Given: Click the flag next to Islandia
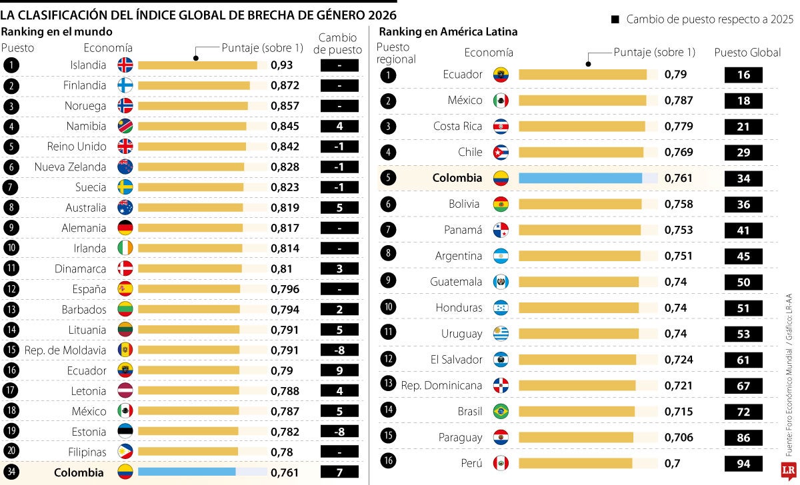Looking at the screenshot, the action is pyautogui.click(x=125, y=65).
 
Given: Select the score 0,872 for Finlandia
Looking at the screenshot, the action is pyautogui.click(x=285, y=86).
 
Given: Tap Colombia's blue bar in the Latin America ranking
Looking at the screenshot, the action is pyautogui.click(x=581, y=178).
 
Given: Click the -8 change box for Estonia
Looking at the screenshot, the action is pyautogui.click(x=339, y=432).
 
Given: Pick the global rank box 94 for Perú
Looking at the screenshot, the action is pyautogui.click(x=743, y=464).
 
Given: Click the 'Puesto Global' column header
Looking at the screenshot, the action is pyautogui.click(x=747, y=53).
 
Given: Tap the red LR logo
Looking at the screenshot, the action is pyautogui.click(x=788, y=471).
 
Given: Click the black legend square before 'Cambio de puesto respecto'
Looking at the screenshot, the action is pyautogui.click(x=615, y=19).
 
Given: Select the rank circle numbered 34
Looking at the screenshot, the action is pyautogui.click(x=11, y=472).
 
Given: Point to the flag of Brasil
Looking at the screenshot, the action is pyautogui.click(x=501, y=412).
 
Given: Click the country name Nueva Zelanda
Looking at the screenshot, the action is pyautogui.click(x=70, y=167).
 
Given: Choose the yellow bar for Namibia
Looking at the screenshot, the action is pyautogui.click(x=192, y=127).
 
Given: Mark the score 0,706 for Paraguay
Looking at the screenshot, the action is pyautogui.click(x=679, y=438).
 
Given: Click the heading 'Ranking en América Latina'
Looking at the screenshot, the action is pyautogui.click(x=448, y=32).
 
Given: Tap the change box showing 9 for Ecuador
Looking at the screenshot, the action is pyautogui.click(x=339, y=371).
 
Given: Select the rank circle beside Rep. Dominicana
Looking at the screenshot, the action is pyautogui.click(x=388, y=384).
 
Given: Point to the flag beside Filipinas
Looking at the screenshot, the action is pyautogui.click(x=125, y=452).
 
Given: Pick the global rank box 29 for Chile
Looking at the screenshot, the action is pyautogui.click(x=743, y=153).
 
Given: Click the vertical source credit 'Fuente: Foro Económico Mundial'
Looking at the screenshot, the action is pyautogui.click(x=789, y=400).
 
